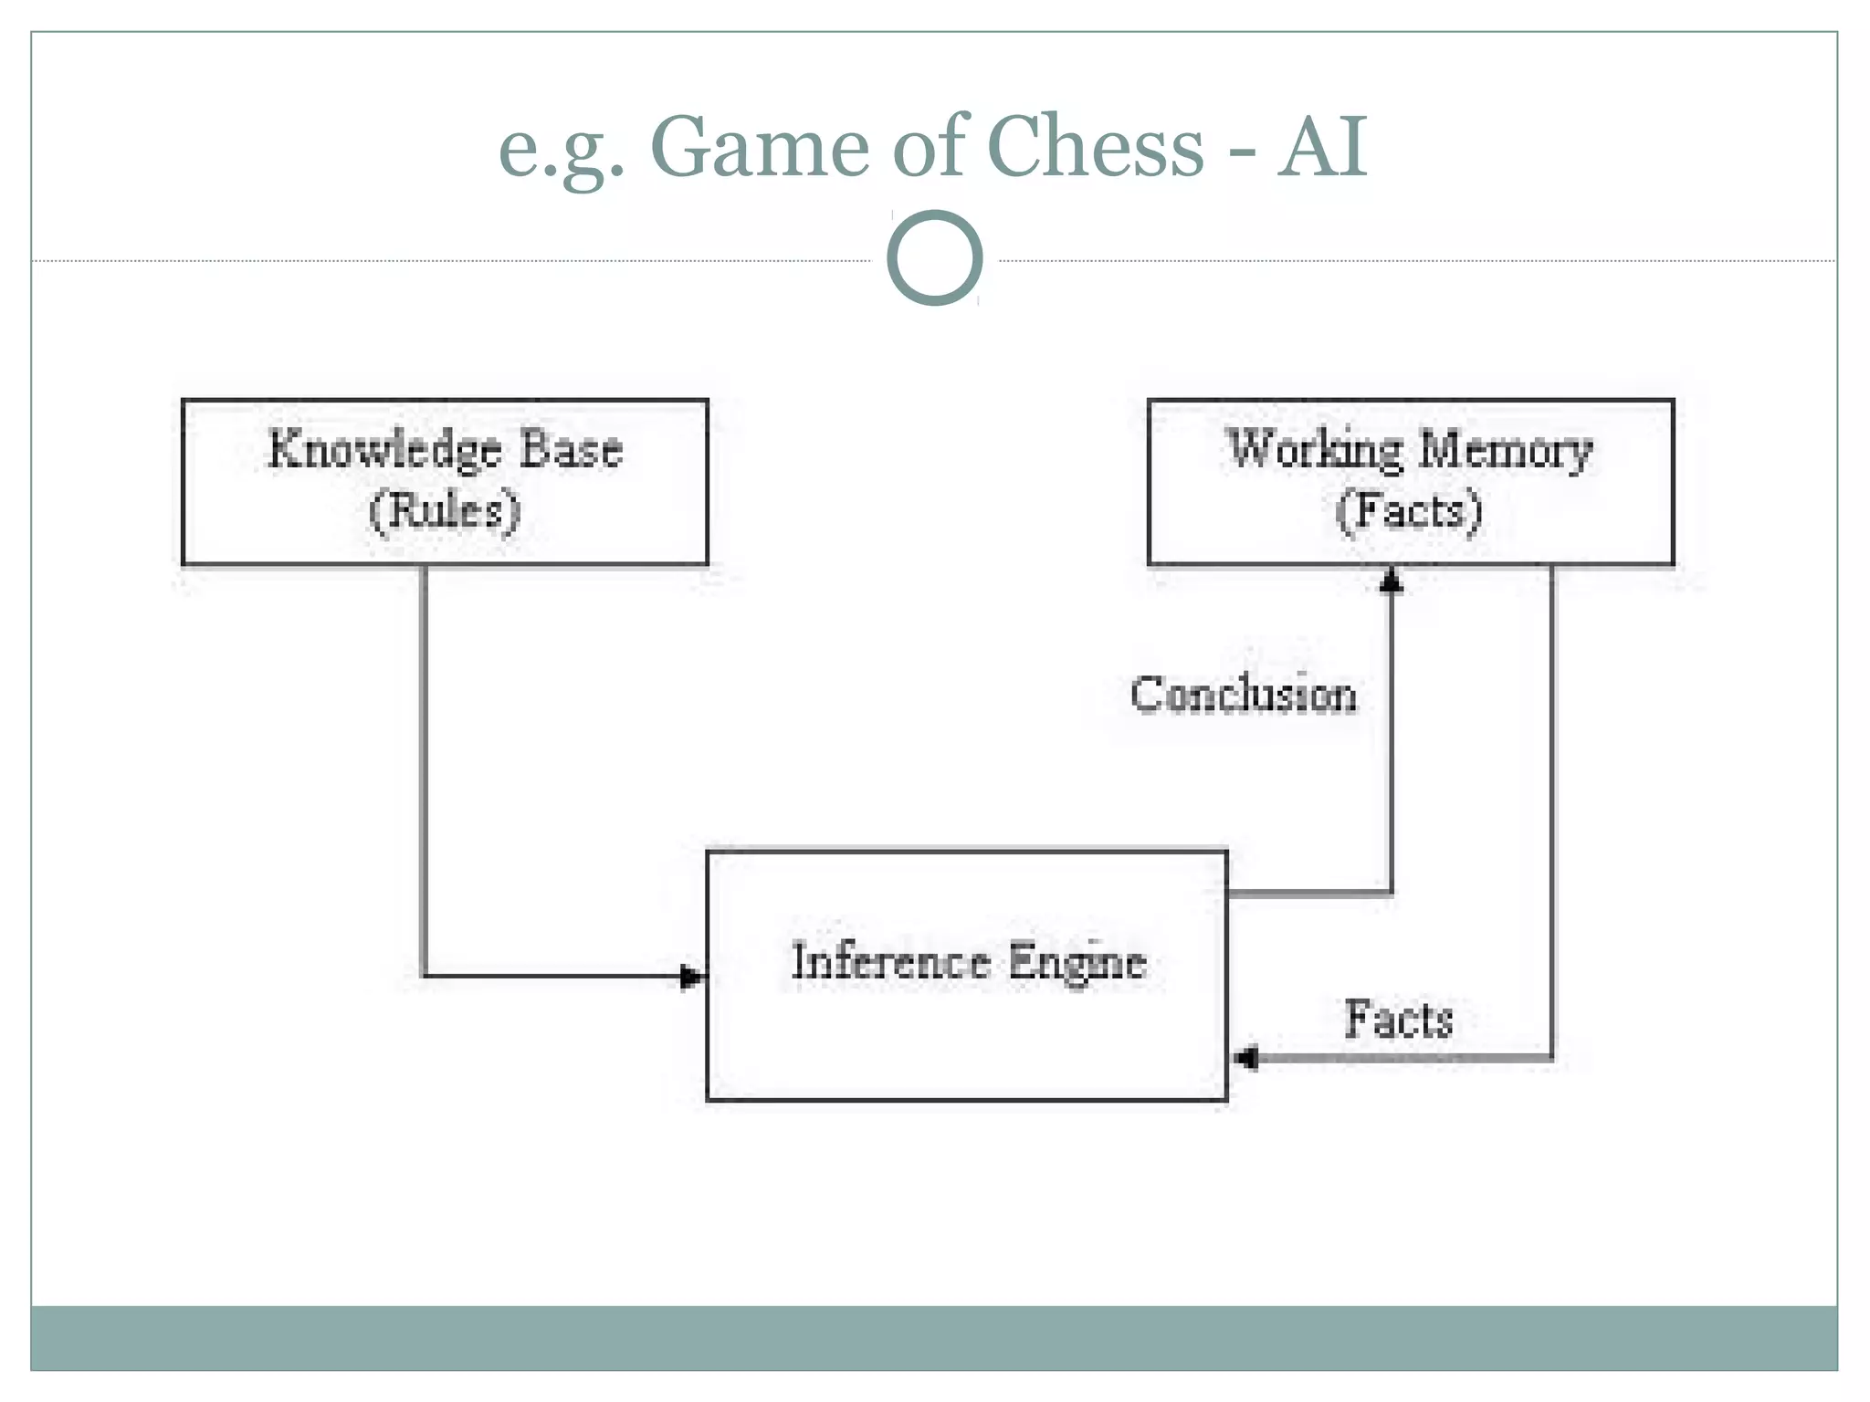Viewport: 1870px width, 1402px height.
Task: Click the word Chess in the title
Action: point(1096,147)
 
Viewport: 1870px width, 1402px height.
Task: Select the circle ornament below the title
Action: point(934,257)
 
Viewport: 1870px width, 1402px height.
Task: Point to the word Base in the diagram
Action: point(571,449)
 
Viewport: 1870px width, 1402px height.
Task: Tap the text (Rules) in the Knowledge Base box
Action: point(445,511)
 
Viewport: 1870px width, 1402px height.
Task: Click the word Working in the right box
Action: point(1315,450)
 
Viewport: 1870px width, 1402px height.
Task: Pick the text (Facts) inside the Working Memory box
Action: point(1408,511)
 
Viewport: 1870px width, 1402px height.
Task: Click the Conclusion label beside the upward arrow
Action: point(1243,695)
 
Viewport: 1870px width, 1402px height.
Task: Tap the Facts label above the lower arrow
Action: point(1398,1020)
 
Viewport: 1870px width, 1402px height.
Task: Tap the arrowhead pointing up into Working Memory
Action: point(1391,580)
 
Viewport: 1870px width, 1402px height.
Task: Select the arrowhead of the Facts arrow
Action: point(1245,1058)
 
